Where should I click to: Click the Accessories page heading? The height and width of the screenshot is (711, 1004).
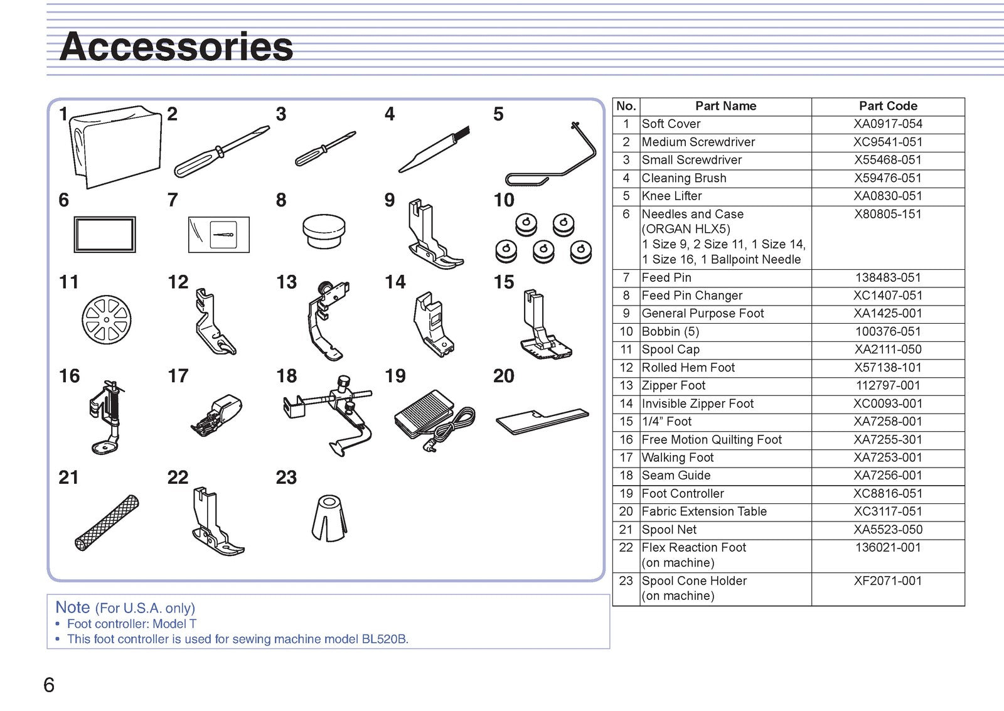176,46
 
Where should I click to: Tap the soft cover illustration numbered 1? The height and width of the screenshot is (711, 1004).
115,147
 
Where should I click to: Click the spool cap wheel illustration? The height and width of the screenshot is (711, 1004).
107,319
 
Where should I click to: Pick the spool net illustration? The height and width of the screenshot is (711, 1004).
107,523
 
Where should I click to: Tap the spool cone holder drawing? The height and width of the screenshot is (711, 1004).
329,518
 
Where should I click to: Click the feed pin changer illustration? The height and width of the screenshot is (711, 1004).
324,232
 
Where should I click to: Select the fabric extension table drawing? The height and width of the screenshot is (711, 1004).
542,421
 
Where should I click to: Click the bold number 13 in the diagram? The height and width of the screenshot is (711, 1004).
286,282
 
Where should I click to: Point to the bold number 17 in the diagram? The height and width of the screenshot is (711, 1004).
178,376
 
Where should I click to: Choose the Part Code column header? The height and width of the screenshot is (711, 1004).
888,106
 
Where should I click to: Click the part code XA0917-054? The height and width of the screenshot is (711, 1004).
888,124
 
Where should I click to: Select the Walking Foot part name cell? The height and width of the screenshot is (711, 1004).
677,457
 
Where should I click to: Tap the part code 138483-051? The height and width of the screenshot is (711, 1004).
888,277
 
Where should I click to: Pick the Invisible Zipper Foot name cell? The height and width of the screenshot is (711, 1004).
697,404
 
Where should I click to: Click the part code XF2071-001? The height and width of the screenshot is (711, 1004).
888,580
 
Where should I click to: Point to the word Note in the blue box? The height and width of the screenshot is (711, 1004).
73,607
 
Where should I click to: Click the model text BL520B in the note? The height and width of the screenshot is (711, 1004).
384,639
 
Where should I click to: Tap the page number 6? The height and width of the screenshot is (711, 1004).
49,685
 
